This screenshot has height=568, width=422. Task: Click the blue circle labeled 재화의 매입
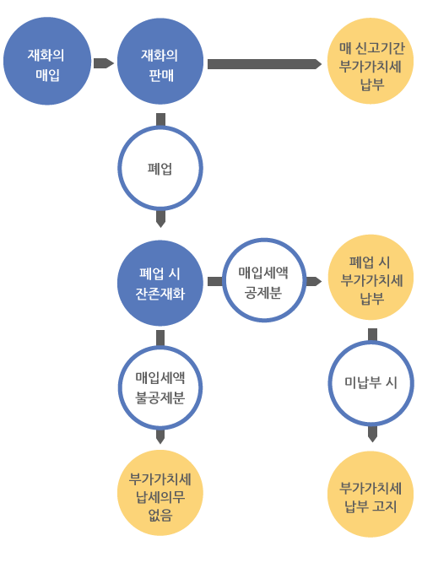click(47, 61)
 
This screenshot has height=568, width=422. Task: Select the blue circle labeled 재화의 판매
click(160, 62)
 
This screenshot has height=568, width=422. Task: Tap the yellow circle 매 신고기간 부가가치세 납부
click(371, 61)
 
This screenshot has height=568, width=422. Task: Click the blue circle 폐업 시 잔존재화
click(160, 283)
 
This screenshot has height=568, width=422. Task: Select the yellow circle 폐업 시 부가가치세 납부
click(371, 278)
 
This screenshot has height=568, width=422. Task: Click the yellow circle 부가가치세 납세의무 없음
click(160, 493)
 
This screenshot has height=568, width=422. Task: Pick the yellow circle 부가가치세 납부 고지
click(371, 494)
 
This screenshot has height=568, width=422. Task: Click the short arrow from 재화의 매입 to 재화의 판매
click(104, 63)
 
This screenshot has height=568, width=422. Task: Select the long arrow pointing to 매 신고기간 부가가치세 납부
click(264, 64)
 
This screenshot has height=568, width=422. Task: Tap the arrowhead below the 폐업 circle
click(160, 219)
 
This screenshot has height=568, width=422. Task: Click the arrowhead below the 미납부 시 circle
click(372, 434)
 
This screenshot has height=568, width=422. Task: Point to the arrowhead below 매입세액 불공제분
click(160, 437)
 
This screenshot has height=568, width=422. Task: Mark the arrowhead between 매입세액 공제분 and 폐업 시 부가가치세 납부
click(314, 281)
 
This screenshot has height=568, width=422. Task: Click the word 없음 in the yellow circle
click(160, 515)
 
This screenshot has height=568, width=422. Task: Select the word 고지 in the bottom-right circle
click(385, 506)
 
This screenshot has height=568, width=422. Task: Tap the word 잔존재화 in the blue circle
click(160, 294)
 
